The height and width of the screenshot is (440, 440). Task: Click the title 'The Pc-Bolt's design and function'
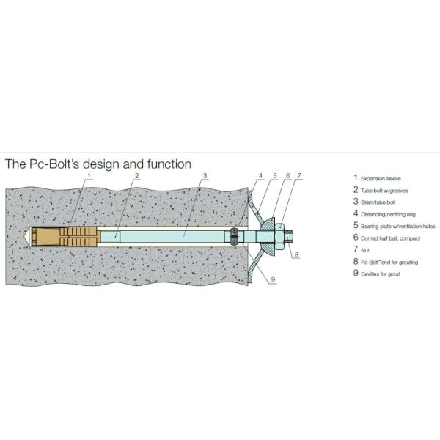point(98,164)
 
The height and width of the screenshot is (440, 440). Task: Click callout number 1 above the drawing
point(89,177)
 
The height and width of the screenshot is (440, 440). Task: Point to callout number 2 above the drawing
point(136,177)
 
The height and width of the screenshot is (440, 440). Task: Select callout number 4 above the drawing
point(260,177)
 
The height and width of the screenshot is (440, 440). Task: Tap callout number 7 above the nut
point(299,177)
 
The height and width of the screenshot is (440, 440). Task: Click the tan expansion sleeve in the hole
point(62,235)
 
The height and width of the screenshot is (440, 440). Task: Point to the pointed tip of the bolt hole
point(28,235)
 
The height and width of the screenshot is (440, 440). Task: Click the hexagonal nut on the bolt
point(282,235)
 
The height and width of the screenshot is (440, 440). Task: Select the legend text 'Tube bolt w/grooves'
point(386,190)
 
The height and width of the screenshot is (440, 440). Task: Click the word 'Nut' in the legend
point(364,250)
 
